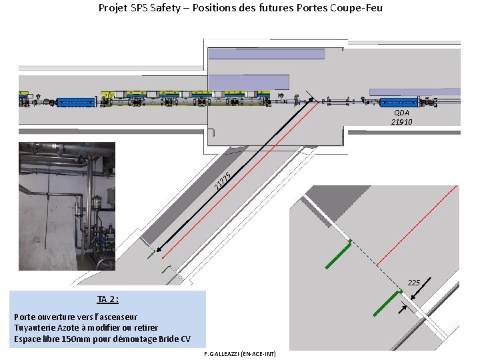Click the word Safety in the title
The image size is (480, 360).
point(165,8)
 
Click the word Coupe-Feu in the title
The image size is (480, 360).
point(356,7)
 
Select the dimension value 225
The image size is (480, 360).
point(414,283)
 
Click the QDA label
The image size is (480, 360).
point(401,113)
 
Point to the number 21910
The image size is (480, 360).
point(401,122)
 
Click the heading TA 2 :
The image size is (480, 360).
point(108,299)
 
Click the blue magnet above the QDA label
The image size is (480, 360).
point(399,103)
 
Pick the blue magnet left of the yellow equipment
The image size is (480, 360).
point(76,103)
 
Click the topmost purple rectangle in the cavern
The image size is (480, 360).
point(267,54)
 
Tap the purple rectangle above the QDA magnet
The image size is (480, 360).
point(415,92)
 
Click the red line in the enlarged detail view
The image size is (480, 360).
point(417,225)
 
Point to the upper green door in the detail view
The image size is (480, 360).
point(339,254)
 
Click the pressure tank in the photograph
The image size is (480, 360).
point(97,202)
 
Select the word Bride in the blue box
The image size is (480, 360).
point(169,339)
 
